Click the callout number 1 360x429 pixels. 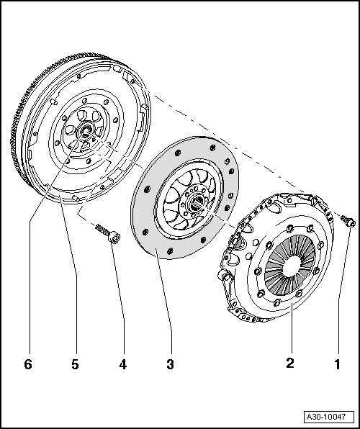335,364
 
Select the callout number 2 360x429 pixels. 290,364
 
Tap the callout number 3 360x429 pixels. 171,365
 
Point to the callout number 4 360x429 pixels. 123,365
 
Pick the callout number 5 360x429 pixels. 75,365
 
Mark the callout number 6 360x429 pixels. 28,365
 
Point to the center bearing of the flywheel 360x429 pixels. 85,132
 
